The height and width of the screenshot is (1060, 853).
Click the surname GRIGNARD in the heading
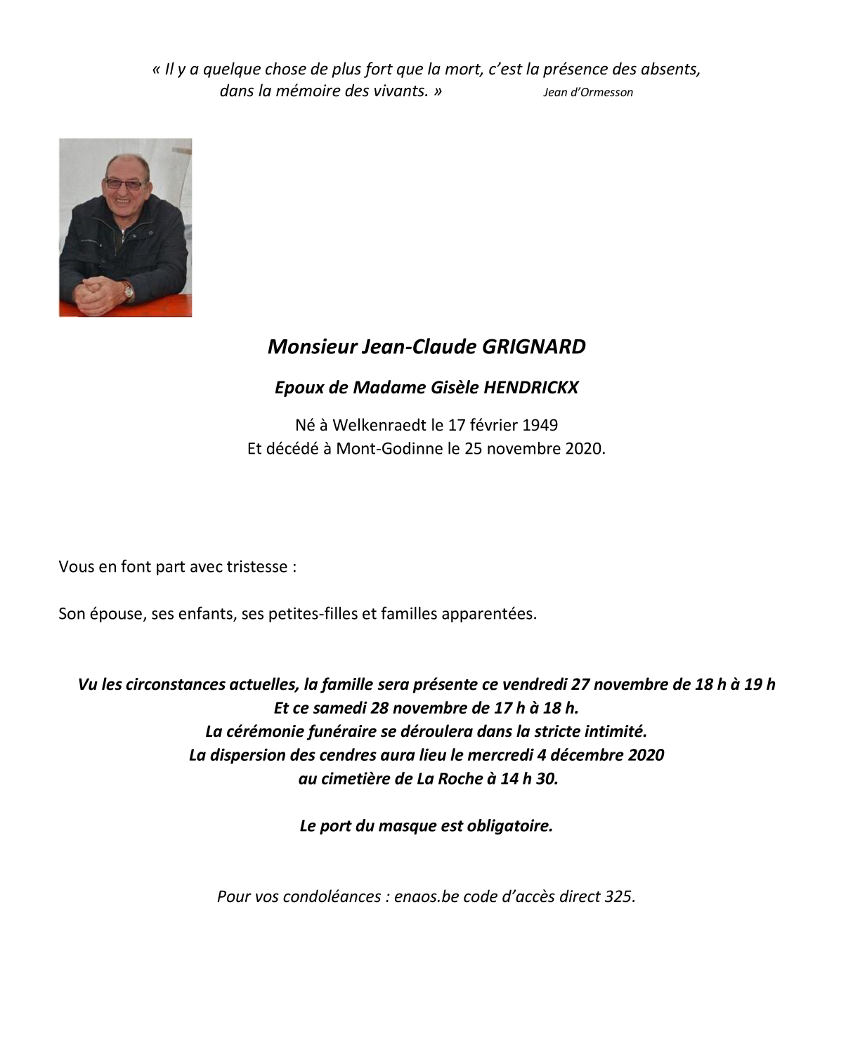pos(533,347)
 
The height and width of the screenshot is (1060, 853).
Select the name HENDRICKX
pos(530,388)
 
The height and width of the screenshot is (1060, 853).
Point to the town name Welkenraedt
pos(379,425)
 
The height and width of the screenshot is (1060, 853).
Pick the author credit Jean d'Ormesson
pos(587,92)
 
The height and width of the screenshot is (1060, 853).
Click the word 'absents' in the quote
pos(669,69)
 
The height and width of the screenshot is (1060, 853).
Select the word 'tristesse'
pos(256,567)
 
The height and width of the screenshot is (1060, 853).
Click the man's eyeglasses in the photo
pos(124,184)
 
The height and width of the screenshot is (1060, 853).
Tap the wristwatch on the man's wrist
pos(128,289)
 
